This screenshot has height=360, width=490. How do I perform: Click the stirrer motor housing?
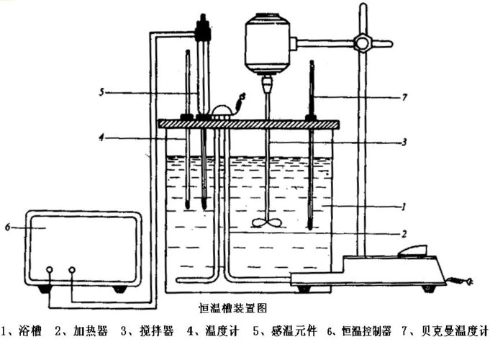click(268, 43)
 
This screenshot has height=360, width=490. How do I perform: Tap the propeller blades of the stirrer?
click(267, 222)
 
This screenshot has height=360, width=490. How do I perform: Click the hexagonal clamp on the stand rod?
click(362, 43)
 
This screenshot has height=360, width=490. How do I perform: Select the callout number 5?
click(101, 92)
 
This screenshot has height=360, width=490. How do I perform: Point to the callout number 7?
click(404, 97)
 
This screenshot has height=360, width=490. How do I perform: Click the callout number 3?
click(404, 142)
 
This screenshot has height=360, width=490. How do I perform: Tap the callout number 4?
click(101, 138)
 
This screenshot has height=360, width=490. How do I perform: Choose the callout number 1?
click(404, 207)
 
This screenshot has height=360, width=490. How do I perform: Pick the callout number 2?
click(404, 234)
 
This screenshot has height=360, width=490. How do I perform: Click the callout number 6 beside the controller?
click(8, 227)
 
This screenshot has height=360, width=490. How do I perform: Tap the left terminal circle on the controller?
click(50, 269)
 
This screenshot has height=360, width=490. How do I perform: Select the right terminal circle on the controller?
click(72, 269)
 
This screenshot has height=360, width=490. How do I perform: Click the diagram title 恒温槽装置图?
click(233, 308)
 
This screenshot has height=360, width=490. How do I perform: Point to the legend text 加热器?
click(91, 330)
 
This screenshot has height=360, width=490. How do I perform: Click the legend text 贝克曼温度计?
click(455, 331)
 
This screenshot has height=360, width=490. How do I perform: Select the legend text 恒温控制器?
click(367, 331)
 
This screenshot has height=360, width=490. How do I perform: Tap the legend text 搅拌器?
click(157, 330)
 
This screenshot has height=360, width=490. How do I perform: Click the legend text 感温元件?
click(294, 330)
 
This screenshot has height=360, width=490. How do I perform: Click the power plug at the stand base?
click(466, 282)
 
